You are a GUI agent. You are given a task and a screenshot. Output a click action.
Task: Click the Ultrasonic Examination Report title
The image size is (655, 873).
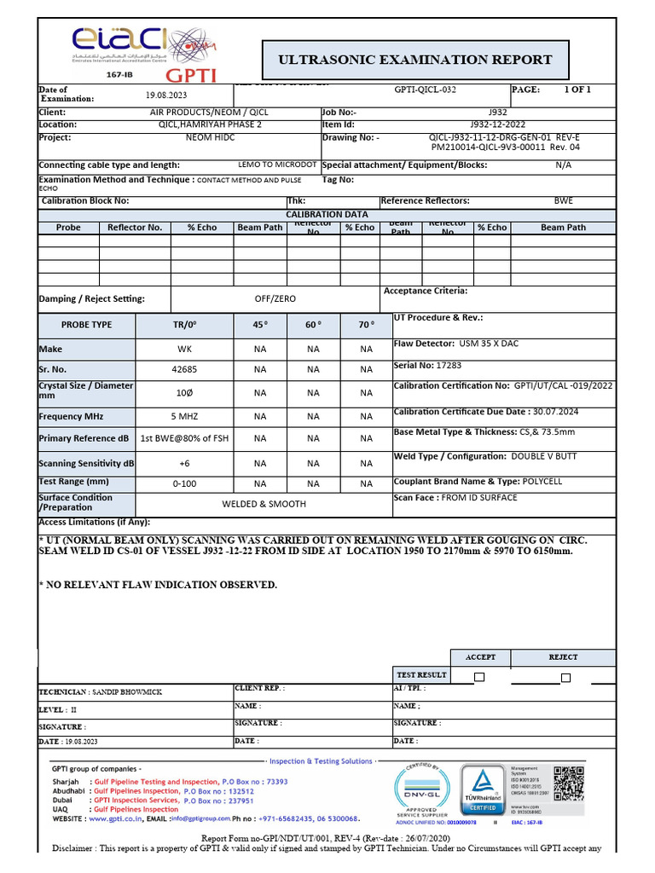tap(415, 60)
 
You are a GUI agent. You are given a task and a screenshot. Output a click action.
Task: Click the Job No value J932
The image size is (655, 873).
tap(497, 112)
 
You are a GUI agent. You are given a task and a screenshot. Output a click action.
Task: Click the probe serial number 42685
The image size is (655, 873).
tap(184, 369)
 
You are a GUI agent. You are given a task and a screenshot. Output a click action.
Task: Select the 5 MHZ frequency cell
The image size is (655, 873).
tap(184, 416)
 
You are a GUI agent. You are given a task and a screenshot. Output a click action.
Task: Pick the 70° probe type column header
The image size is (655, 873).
tap(366, 325)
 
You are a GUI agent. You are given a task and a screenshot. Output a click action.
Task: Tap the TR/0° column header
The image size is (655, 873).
tap(184, 325)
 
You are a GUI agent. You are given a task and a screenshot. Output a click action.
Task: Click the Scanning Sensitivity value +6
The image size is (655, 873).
tap(184, 464)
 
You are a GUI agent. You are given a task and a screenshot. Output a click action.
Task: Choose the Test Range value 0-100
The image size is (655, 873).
tap(184, 483)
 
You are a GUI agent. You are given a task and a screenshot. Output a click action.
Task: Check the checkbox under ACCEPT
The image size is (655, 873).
tap(479, 677)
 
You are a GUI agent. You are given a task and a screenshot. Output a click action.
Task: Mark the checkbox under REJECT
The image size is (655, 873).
tap(565, 677)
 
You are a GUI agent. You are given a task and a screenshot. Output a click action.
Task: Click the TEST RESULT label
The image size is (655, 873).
tap(421, 674)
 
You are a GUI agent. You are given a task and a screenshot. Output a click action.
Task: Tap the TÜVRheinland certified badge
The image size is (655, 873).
tap(484, 789)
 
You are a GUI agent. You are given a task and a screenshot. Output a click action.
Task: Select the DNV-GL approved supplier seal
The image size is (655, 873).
tap(420, 789)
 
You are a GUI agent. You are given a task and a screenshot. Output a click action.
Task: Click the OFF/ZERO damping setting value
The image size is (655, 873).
tap(275, 299)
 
